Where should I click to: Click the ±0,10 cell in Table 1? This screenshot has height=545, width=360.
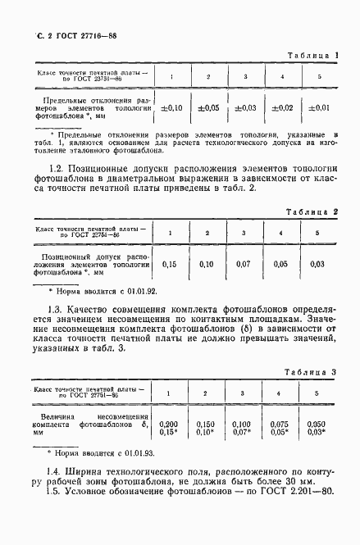(x=171, y=107)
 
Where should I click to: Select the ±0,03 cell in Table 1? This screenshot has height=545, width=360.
(x=245, y=107)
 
